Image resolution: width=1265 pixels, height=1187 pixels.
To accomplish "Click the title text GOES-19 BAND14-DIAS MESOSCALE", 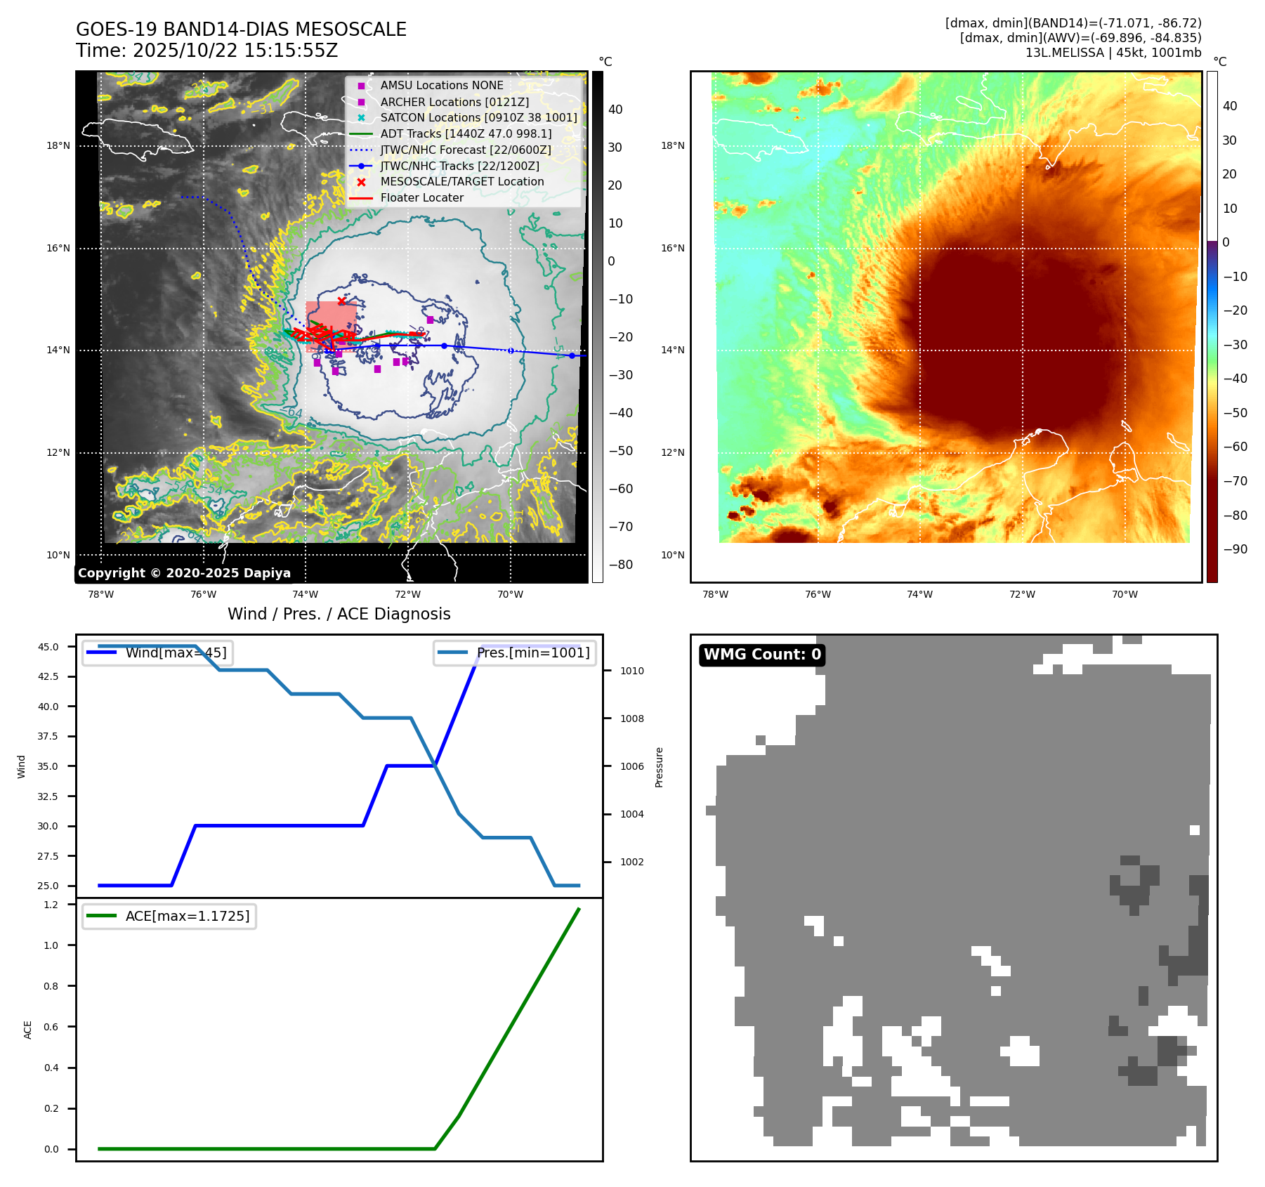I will pyautogui.click(x=241, y=29).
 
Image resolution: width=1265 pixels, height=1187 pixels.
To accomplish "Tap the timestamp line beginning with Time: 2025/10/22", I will pyautogui.click(x=207, y=51).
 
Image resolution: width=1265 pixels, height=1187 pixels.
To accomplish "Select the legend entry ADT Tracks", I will pyautogui.click(x=466, y=133).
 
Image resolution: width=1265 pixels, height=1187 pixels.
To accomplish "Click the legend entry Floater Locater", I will pyautogui.click(x=421, y=198).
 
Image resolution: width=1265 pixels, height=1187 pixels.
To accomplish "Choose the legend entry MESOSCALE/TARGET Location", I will pyautogui.click(x=461, y=182).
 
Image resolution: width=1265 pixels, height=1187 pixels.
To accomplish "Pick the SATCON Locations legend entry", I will pyautogui.click(x=478, y=118).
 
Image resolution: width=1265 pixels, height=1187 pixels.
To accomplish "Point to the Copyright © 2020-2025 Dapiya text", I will pyautogui.click(x=184, y=573).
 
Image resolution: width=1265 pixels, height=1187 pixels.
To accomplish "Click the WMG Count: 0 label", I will pyautogui.click(x=762, y=655).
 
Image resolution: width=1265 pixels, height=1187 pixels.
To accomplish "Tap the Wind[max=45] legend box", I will pyautogui.click(x=158, y=652).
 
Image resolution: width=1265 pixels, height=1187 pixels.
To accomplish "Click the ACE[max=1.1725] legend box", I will pyautogui.click(x=169, y=916).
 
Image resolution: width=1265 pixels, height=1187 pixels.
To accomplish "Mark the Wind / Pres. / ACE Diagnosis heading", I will pyautogui.click(x=339, y=614).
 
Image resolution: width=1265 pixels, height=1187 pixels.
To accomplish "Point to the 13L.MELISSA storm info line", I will pyautogui.click(x=1113, y=53).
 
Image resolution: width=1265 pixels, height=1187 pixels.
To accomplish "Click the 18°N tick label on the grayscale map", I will pyautogui.click(x=58, y=146).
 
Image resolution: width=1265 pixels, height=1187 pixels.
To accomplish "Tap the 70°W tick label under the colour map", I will pyautogui.click(x=1124, y=594).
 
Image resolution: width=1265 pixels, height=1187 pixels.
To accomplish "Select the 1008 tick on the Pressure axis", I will pyautogui.click(x=631, y=719).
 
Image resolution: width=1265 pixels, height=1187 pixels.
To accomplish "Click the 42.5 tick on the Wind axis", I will pyautogui.click(x=48, y=676).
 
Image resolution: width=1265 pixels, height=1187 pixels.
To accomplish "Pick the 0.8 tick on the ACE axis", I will pyautogui.click(x=51, y=986).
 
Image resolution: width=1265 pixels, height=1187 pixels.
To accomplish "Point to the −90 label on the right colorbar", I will pyautogui.click(x=1235, y=549).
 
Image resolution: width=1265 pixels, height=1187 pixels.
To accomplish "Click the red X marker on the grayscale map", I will pyautogui.click(x=341, y=301).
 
